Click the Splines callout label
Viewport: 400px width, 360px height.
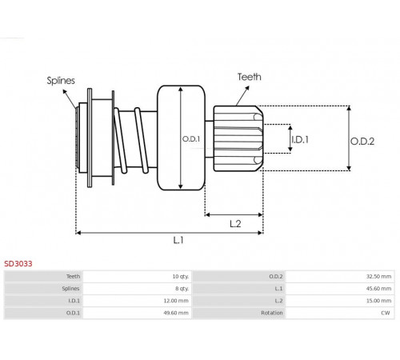[61, 81]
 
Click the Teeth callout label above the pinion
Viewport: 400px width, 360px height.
[250, 77]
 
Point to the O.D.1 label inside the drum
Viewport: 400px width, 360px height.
[191, 139]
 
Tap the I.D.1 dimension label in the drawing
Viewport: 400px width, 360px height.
[300, 139]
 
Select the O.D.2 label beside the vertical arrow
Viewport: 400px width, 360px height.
[362, 141]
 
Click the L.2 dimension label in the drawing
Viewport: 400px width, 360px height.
[235, 224]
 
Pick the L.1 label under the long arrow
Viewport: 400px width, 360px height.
[178, 240]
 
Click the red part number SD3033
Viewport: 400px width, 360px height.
[18, 264]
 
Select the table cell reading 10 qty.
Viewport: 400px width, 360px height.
[181, 277]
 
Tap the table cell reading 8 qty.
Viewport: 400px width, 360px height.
[182, 289]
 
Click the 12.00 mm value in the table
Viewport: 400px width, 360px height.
[176, 301]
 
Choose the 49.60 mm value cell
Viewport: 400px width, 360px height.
[176, 313]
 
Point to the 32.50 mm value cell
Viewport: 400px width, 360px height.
[378, 277]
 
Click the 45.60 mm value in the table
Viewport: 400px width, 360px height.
[378, 289]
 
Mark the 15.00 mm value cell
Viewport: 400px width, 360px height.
[378, 301]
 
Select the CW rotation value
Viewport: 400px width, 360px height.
[386, 313]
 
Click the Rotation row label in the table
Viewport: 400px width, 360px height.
[272, 313]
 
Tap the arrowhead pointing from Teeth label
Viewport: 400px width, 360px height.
[247, 88]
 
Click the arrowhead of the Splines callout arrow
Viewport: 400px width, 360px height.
[65, 91]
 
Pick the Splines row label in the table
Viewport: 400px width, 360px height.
[70, 289]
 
